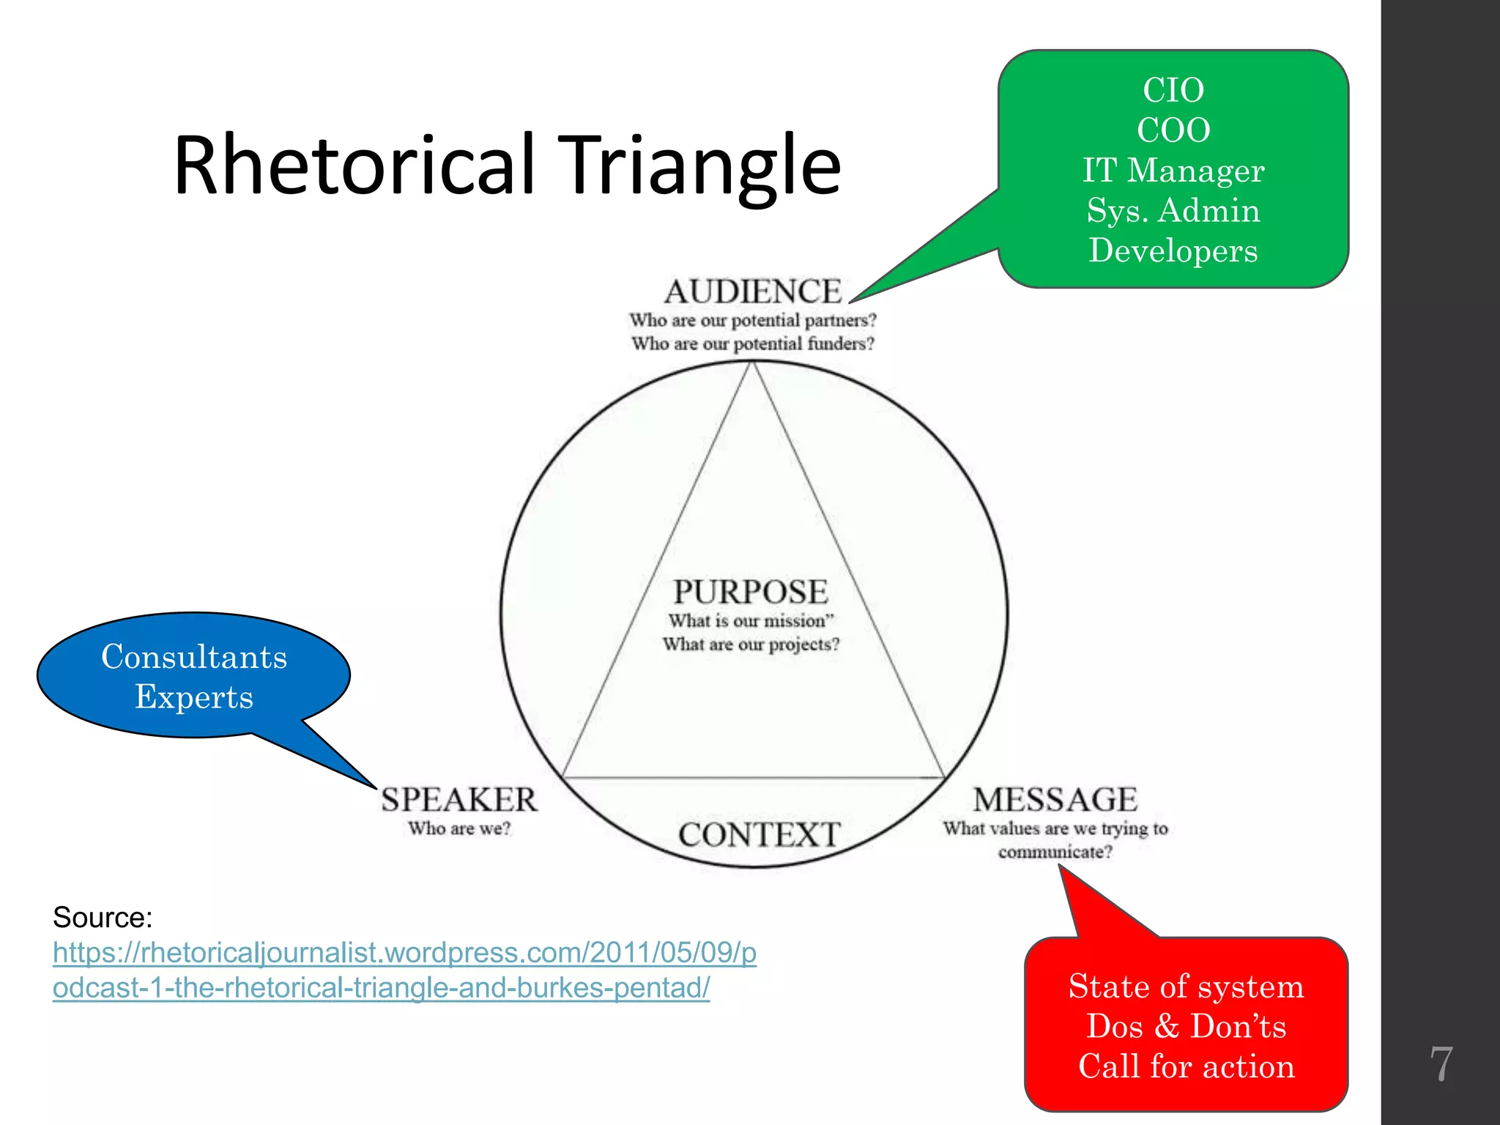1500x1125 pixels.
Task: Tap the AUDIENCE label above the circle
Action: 753,292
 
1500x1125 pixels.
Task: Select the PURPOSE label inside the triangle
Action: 751,592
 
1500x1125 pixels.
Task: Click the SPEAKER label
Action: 459,800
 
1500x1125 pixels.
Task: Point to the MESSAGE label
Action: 1055,800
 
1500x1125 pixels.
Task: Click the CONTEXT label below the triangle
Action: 759,835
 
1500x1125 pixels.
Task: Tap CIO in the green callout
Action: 1173,91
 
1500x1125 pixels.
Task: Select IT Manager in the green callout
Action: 1173,171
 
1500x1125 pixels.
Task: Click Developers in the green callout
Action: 1173,250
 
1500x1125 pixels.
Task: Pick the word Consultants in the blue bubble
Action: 194,657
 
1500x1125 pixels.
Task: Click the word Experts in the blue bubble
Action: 194,697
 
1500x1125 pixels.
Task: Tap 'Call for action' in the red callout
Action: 1187,1066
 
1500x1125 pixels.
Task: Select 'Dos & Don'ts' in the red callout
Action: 1187,1026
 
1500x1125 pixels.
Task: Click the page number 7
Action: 1441,1063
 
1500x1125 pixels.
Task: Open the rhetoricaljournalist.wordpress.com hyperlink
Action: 404,953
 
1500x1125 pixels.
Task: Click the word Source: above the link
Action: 103,918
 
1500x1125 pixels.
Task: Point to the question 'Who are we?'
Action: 459,829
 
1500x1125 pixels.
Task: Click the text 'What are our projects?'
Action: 751,645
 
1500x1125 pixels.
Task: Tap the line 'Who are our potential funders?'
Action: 753,344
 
